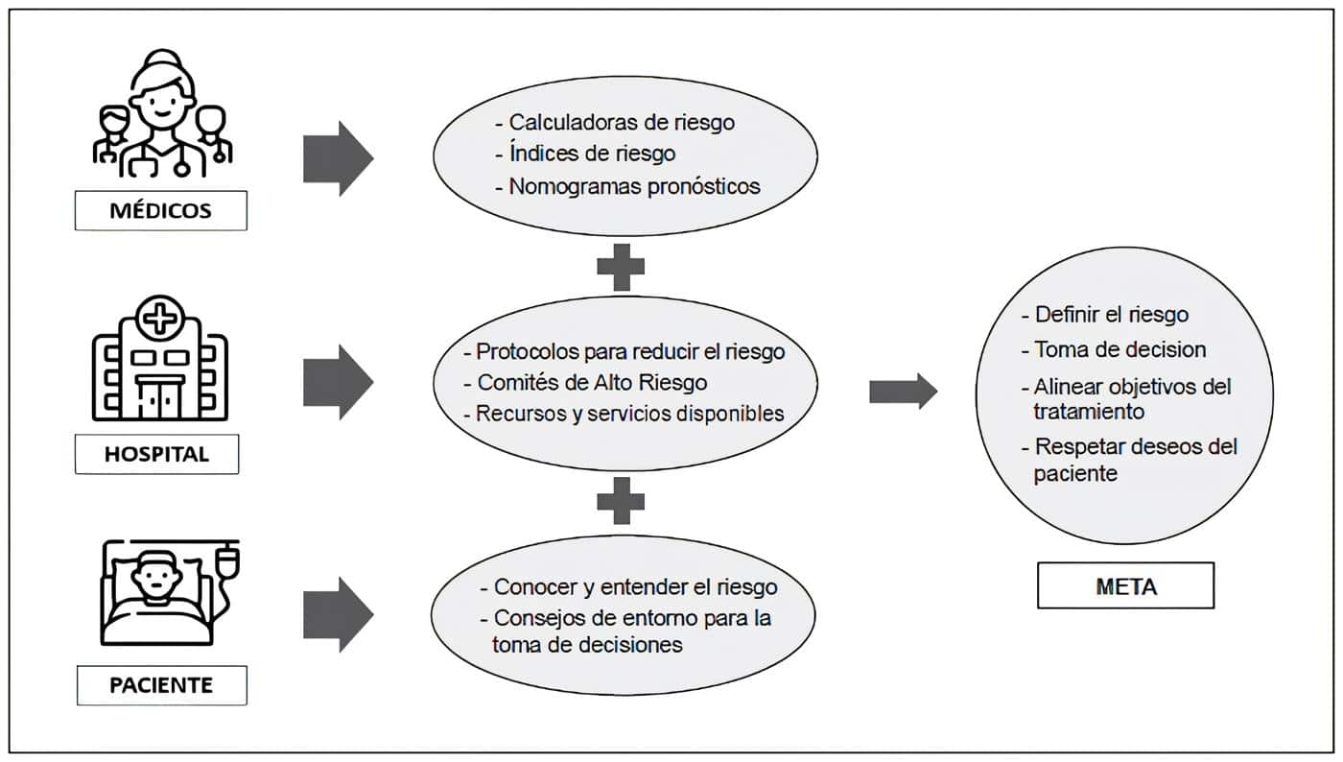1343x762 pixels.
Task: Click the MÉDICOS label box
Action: coord(160,210)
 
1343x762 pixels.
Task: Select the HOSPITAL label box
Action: coord(156,454)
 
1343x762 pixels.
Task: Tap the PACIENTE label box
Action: coord(160,685)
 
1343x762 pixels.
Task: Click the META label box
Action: coord(1125,585)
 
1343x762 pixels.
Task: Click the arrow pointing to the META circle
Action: coord(903,391)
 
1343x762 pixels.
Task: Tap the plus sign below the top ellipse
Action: coord(621,267)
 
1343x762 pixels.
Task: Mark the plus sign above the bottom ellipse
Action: coord(621,501)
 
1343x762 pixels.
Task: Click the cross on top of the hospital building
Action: coord(159,316)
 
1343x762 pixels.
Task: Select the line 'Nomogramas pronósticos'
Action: coord(634,186)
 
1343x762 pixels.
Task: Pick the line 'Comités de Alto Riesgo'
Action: coord(592,382)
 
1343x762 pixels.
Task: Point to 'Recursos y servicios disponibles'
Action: coord(630,414)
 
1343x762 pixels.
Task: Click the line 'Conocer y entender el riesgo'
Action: coord(635,586)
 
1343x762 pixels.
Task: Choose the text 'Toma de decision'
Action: coord(1119,349)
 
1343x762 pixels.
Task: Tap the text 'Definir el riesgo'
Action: coord(1112,314)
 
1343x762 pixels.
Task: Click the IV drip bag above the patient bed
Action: coord(226,557)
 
